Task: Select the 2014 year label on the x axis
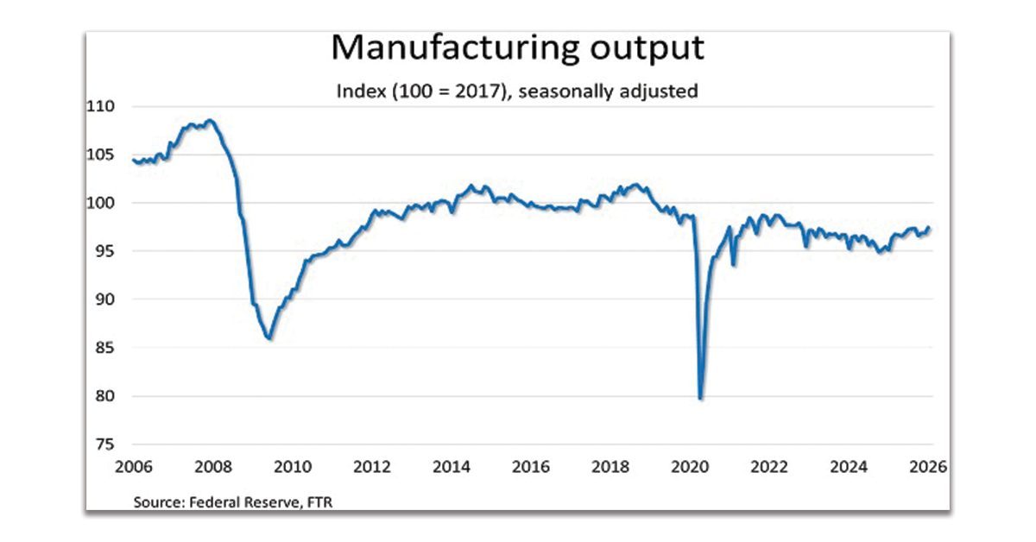(452, 467)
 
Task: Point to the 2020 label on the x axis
(690, 467)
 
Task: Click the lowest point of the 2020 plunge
(700, 398)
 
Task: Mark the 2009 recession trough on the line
(269, 337)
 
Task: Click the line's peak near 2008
(211, 121)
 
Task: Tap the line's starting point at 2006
(133, 160)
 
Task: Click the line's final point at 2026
(929, 228)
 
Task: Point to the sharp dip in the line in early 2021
(734, 263)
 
